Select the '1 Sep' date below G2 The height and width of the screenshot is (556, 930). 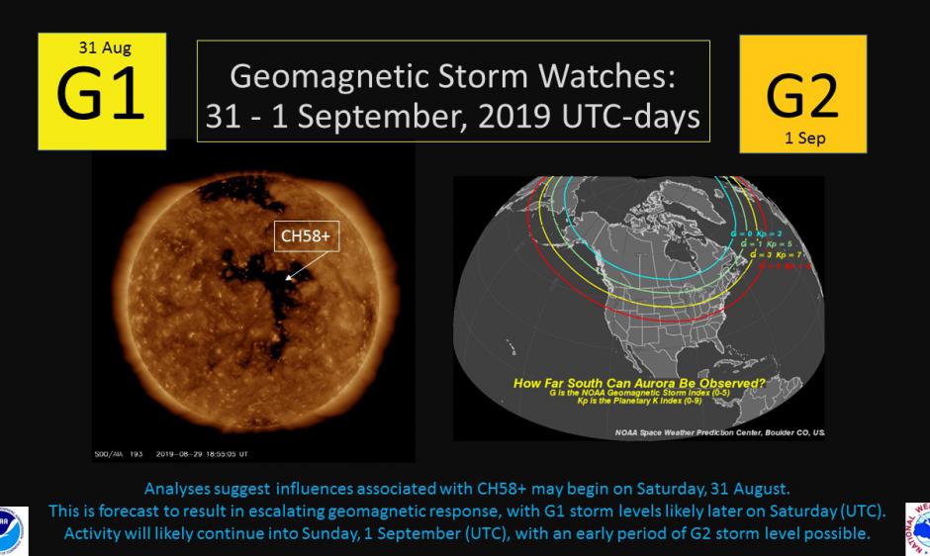(802, 139)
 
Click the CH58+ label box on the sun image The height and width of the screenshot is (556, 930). (306, 235)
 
